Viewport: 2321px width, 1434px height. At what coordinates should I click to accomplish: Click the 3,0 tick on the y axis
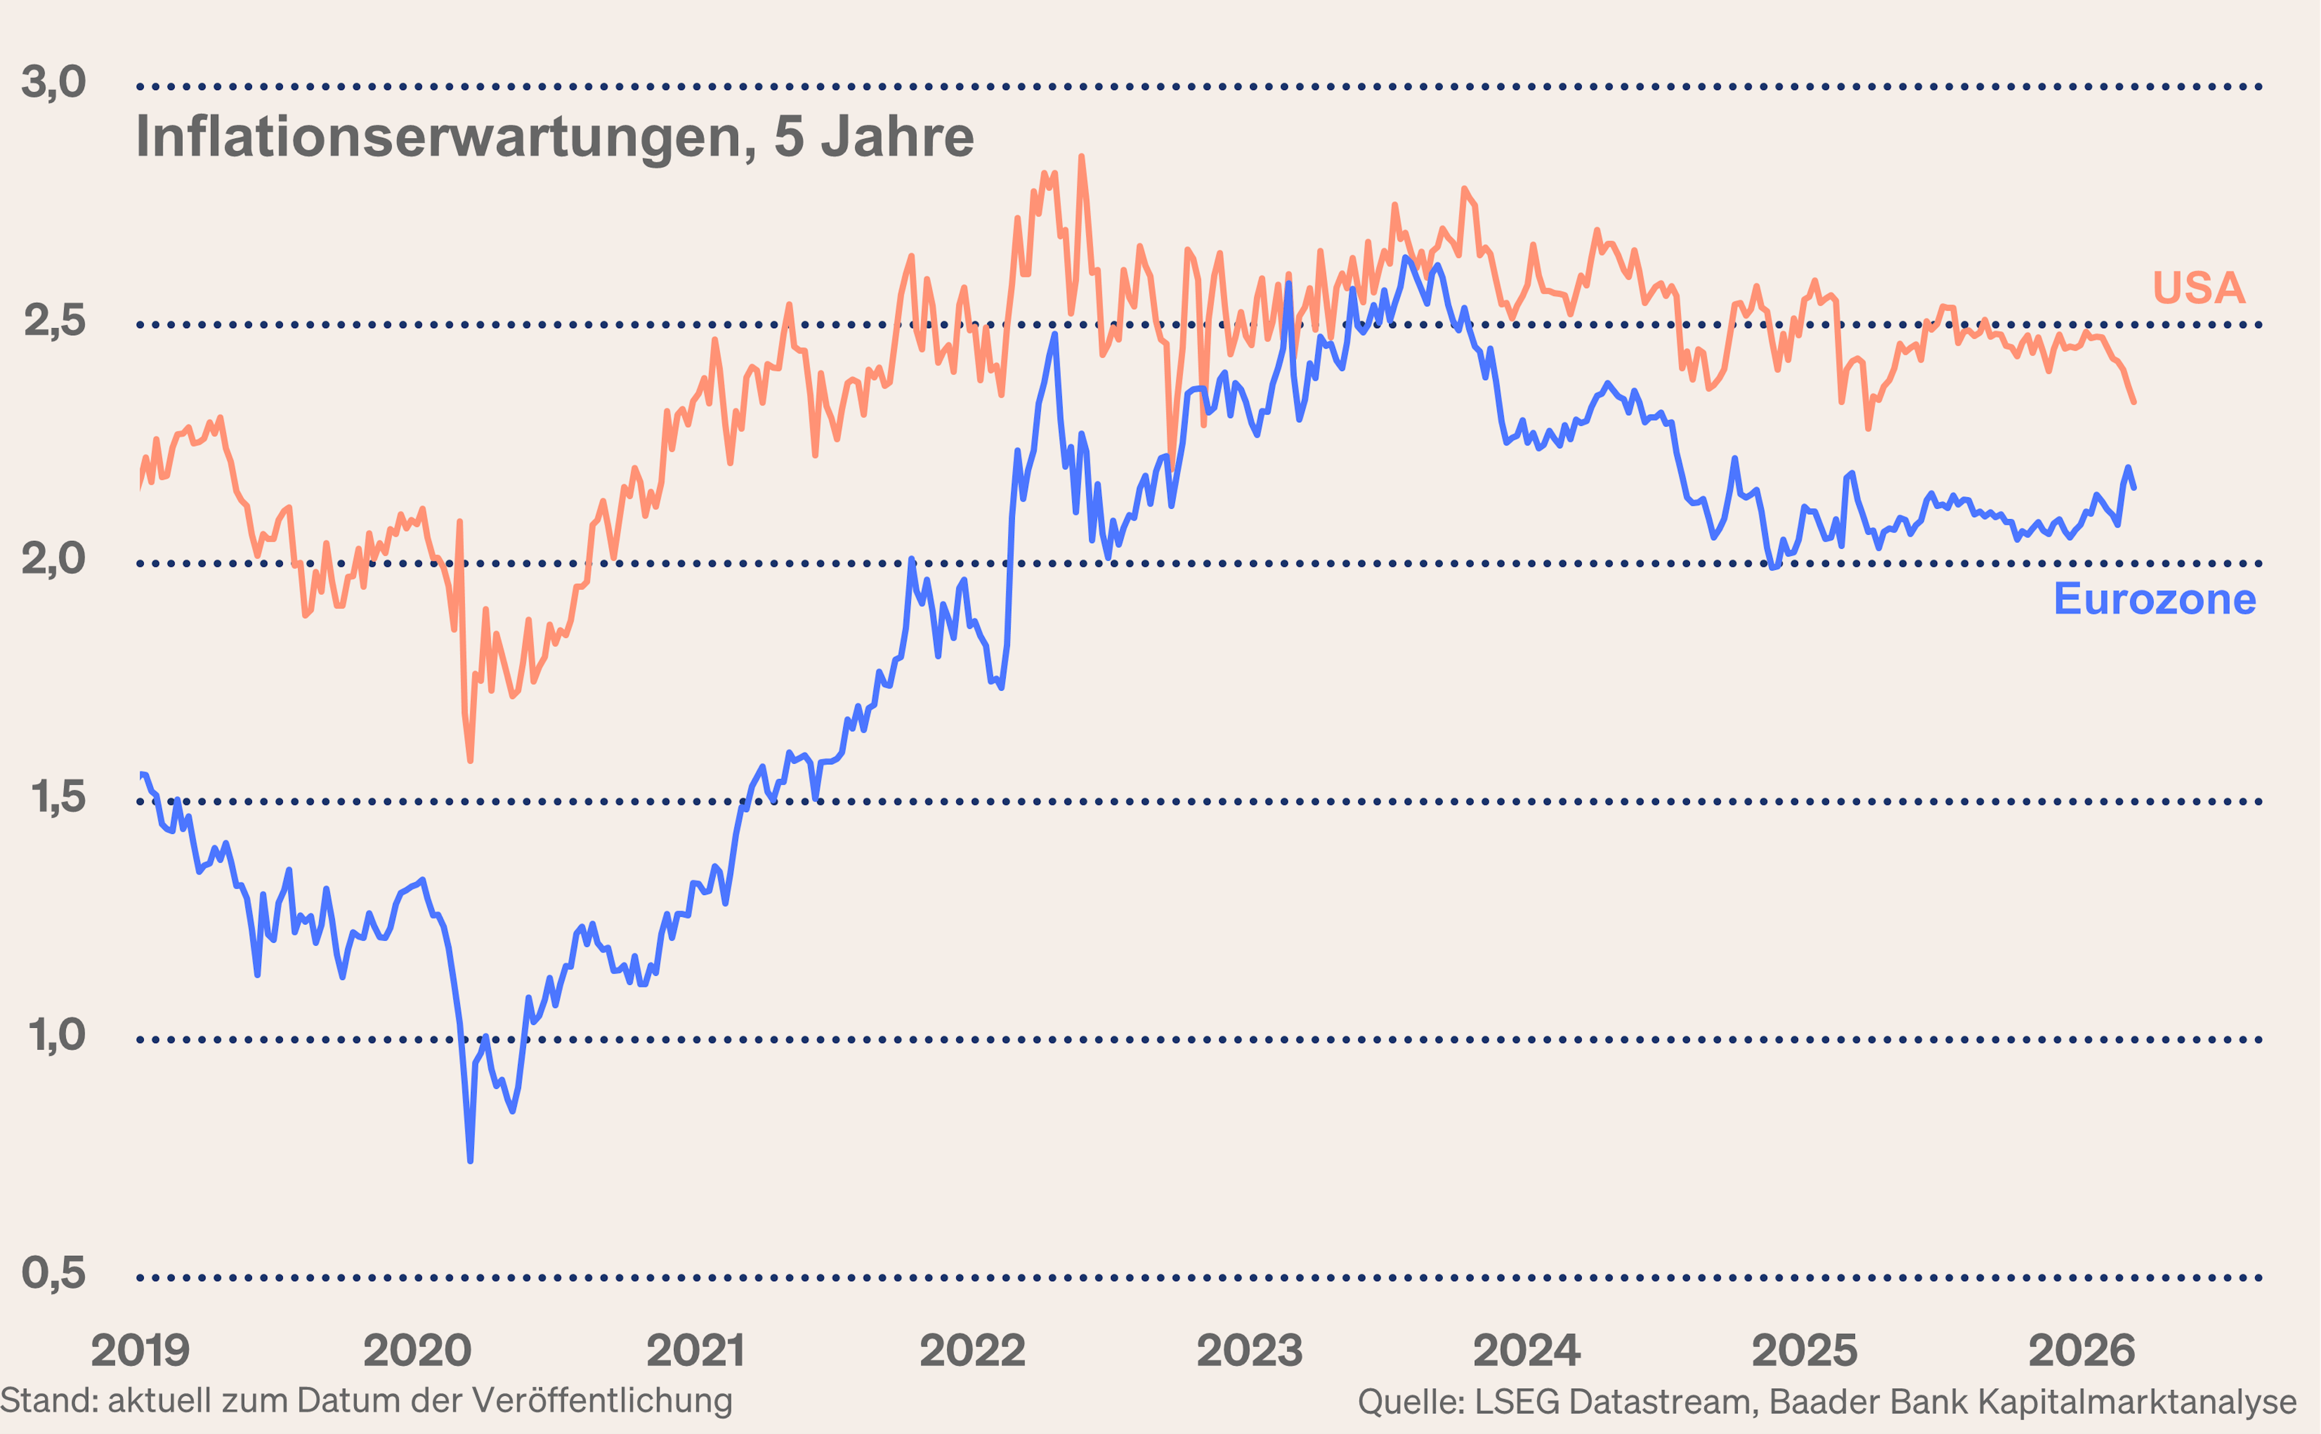coord(53,83)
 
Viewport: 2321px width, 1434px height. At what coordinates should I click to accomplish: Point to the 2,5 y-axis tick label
coord(54,321)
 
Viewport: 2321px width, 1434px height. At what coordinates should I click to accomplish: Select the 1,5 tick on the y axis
coord(57,798)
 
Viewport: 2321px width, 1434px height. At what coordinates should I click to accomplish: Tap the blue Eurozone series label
coord(2154,599)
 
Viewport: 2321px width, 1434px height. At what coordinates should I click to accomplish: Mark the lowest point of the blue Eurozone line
coord(470,1160)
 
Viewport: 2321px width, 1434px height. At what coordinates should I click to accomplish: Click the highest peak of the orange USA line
coord(1081,158)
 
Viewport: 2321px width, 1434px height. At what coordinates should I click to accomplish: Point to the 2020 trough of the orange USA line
coord(470,760)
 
